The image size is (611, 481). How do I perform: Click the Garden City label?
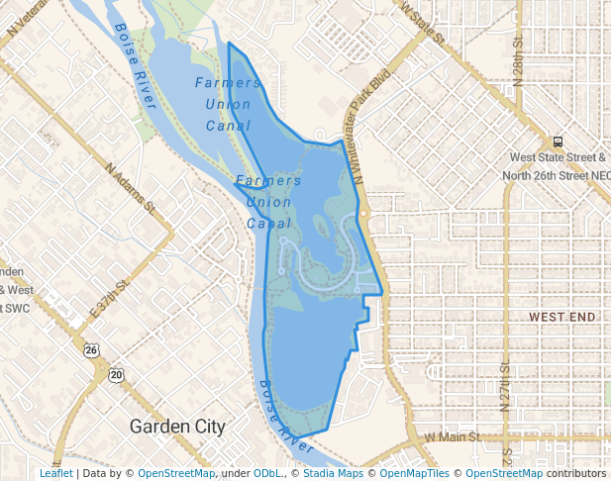pos(178,427)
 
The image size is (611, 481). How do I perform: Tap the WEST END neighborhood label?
pos(562,317)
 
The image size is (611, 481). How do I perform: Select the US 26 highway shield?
pos(92,350)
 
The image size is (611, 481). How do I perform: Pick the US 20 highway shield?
pos(117,375)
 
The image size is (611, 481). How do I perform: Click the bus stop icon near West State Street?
pos(559,142)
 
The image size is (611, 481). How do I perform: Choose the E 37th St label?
pos(110,298)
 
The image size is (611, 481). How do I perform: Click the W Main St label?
pos(452,435)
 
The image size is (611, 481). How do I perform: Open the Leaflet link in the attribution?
pos(55,473)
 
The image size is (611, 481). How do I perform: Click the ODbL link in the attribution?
pos(267,473)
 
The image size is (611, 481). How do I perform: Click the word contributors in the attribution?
pos(575,473)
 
